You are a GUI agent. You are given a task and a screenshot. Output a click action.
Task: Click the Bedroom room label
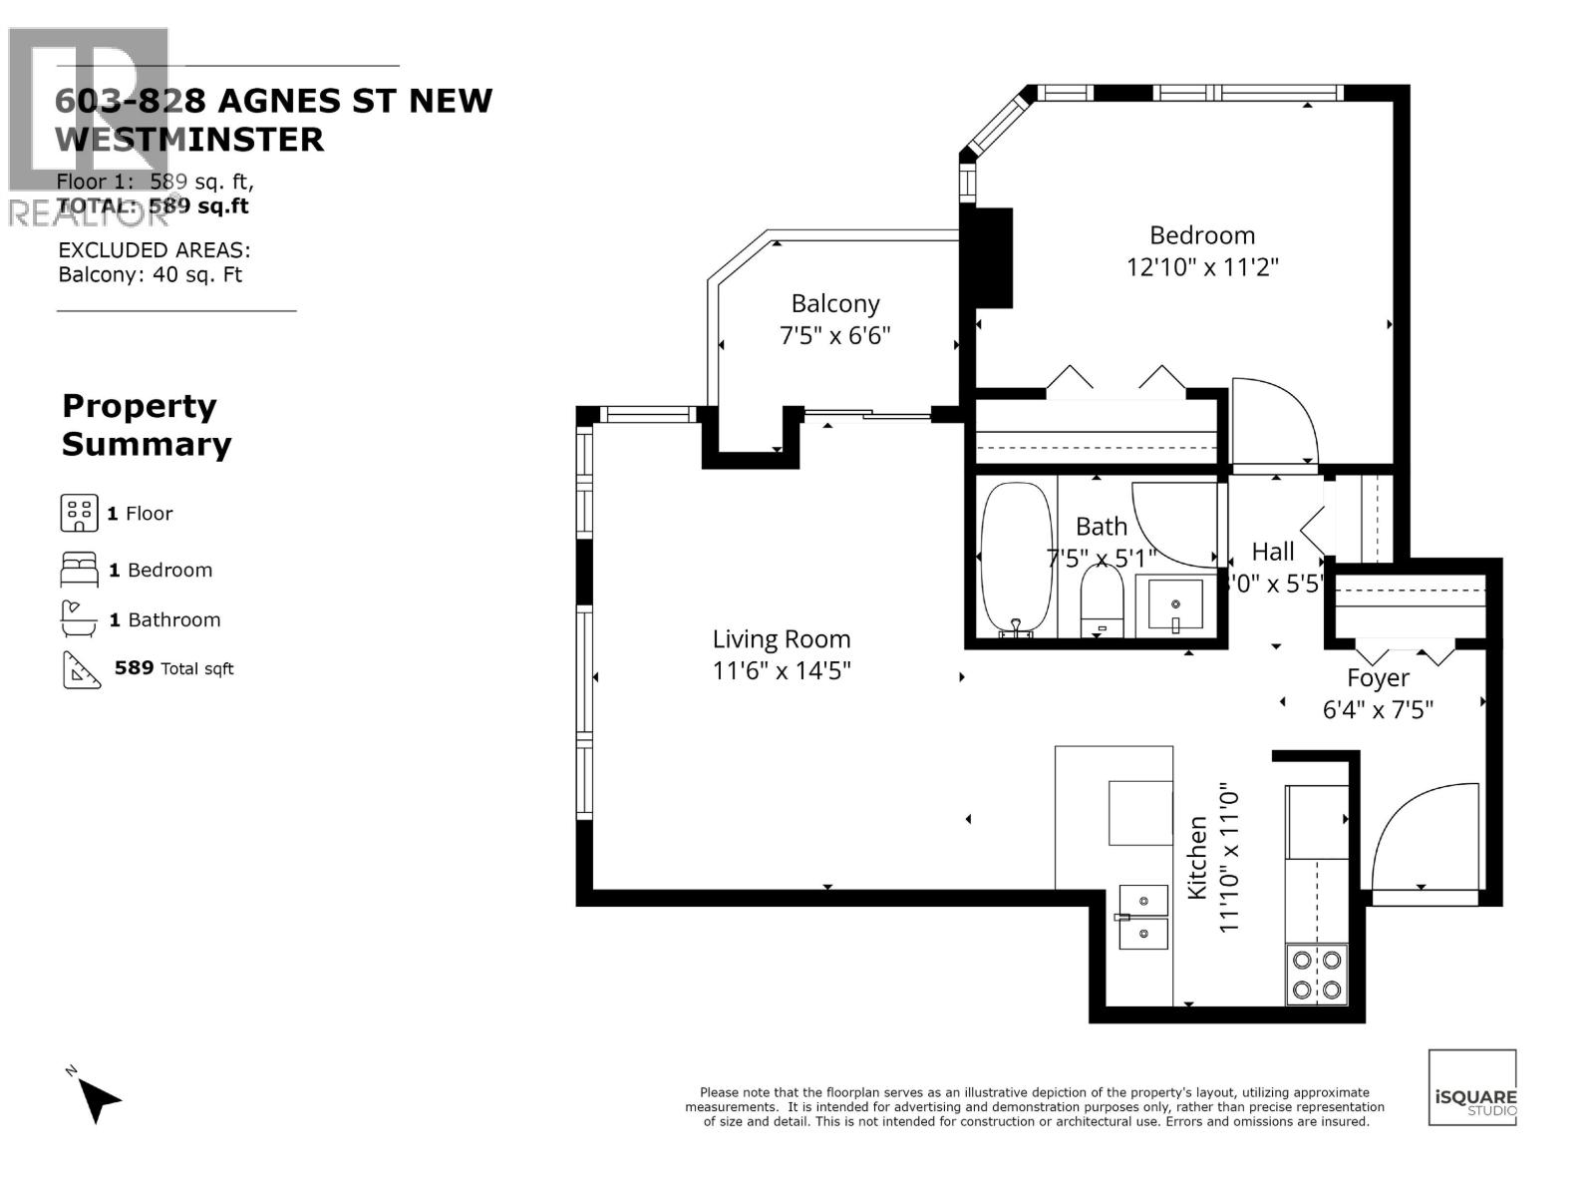(x=1201, y=235)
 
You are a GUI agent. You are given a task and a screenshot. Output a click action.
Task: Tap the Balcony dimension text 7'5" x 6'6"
(x=834, y=335)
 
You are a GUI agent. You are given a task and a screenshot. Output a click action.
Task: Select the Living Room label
(x=781, y=639)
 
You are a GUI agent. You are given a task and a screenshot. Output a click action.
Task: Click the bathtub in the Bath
(x=1016, y=559)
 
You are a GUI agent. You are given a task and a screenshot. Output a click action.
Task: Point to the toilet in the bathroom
(x=1102, y=603)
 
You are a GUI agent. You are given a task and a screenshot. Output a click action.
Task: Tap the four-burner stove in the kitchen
(x=1316, y=975)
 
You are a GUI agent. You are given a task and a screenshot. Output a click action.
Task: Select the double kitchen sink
(x=1143, y=917)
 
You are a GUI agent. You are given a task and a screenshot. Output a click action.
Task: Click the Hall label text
(x=1273, y=552)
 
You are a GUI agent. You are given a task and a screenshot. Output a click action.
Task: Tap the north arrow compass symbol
(x=98, y=1098)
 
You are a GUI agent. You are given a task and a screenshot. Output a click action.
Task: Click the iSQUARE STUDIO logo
(x=1472, y=1088)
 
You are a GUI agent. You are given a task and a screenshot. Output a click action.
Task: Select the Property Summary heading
(x=147, y=425)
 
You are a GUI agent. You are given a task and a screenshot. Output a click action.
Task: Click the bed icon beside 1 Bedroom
(x=79, y=570)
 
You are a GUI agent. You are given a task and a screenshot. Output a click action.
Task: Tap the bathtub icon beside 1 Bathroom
(x=78, y=619)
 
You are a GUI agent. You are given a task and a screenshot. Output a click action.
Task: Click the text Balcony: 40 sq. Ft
(x=150, y=275)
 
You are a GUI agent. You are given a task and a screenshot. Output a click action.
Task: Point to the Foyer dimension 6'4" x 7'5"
(x=1378, y=710)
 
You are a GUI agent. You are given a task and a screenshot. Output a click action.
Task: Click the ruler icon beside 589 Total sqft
(x=82, y=669)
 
